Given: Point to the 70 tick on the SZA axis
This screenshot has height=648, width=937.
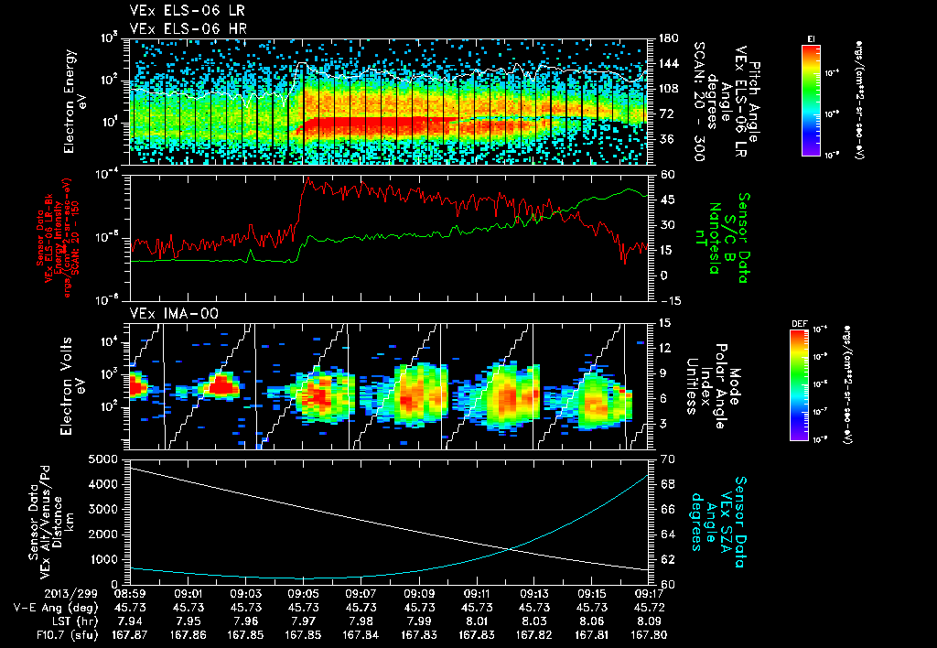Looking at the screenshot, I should tap(665, 459).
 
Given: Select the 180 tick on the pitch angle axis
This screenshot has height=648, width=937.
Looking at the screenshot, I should tap(666, 38).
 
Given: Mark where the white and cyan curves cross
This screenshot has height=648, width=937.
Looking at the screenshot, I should tap(511, 548).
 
